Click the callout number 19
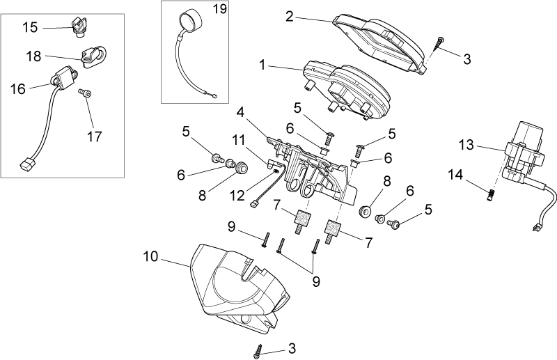tap(220, 9)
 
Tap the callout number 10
tap(150, 256)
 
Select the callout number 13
tap(466, 145)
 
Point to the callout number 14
tap(455, 175)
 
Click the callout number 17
tap(95, 136)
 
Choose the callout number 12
tap(237, 195)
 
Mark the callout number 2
tap(290, 16)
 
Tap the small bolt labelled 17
tap(85, 93)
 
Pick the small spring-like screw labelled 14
tap(491, 194)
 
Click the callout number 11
tap(239, 140)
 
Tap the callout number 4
tap(240, 113)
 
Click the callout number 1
tap(262, 65)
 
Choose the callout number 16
tap(18, 88)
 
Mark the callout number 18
tap(33, 56)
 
